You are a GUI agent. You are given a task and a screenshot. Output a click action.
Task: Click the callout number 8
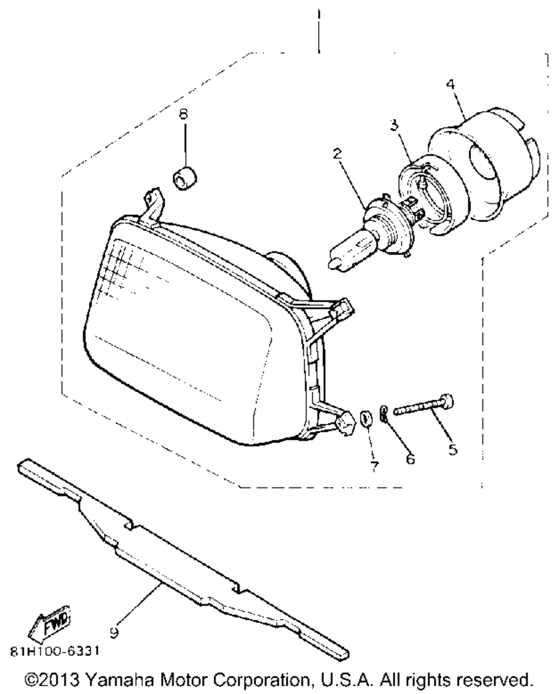click(183, 114)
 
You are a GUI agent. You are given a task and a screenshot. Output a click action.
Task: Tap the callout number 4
click(451, 84)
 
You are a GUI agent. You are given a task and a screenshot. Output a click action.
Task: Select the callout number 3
click(394, 125)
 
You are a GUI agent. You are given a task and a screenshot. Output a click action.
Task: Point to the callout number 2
click(337, 153)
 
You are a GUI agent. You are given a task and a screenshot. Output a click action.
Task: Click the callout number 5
click(452, 448)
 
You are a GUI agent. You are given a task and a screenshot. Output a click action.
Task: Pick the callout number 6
click(411, 459)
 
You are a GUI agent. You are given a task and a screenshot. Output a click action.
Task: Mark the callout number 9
click(114, 633)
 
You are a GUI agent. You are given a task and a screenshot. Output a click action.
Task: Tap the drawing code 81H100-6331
click(56, 652)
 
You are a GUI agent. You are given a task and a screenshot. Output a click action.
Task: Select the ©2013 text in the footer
click(54, 681)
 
